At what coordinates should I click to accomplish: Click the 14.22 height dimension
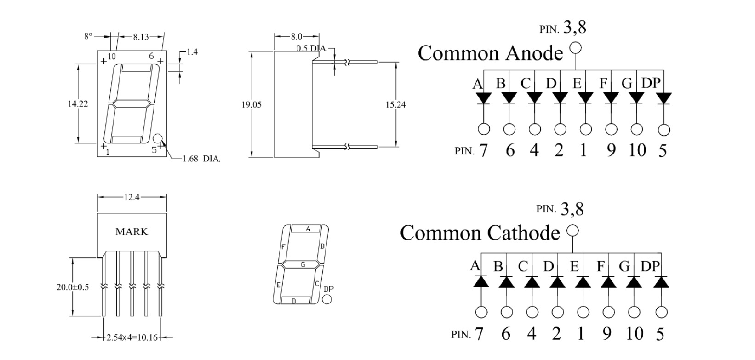click(x=78, y=104)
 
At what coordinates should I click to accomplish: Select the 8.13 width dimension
click(x=141, y=37)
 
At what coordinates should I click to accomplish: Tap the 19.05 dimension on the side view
click(x=252, y=105)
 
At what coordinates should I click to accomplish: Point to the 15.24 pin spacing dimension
click(x=395, y=105)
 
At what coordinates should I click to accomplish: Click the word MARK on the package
click(x=132, y=232)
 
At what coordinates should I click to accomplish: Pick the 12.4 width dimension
click(x=131, y=197)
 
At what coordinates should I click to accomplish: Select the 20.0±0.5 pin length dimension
click(x=73, y=287)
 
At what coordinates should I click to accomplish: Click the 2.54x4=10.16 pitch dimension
click(x=132, y=338)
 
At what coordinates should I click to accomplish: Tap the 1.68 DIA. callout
click(x=201, y=159)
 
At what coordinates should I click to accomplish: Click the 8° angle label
click(x=88, y=36)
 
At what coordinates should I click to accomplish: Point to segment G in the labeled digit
click(x=303, y=264)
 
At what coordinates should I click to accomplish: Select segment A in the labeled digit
click(x=308, y=229)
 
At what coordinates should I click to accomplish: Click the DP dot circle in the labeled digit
click(x=327, y=299)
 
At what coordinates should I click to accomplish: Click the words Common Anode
click(x=490, y=53)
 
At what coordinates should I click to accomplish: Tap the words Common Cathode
click(x=480, y=233)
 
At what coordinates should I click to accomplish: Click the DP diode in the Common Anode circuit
click(x=663, y=98)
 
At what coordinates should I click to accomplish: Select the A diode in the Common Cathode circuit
click(x=481, y=281)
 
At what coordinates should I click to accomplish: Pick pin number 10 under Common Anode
click(x=637, y=150)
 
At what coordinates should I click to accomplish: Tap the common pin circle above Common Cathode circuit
click(x=572, y=230)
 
